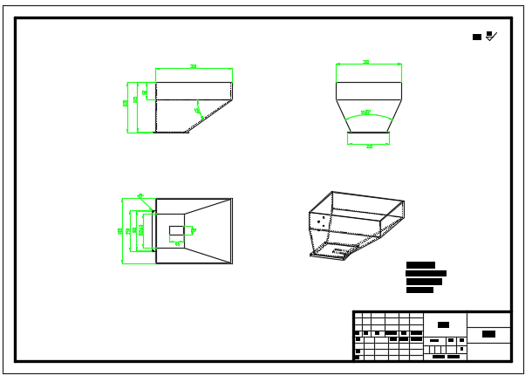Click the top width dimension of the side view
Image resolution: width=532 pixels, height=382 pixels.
(x=194, y=67)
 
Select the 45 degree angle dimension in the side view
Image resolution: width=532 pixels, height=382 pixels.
(x=199, y=110)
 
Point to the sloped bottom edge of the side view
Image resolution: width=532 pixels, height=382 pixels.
(x=209, y=117)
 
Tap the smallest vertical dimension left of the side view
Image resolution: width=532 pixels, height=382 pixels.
(x=145, y=92)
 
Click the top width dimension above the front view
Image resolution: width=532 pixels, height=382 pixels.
(x=368, y=63)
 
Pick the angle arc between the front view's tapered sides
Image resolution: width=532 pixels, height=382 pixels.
(x=368, y=113)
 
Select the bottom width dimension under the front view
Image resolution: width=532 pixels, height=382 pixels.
(x=369, y=145)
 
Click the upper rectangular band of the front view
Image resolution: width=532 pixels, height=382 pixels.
(x=368, y=92)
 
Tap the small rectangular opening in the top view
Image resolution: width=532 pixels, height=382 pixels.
(x=180, y=230)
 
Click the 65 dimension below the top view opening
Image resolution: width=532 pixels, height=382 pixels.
(x=179, y=243)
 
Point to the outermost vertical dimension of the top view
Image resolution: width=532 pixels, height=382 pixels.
(x=121, y=230)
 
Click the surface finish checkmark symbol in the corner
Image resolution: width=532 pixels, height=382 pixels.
(x=491, y=36)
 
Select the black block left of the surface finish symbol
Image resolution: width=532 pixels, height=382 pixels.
(x=476, y=37)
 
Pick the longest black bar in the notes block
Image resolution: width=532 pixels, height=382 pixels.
(x=426, y=273)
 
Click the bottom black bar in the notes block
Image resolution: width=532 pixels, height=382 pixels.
(x=419, y=290)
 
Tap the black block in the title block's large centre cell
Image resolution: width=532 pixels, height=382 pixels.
(x=444, y=324)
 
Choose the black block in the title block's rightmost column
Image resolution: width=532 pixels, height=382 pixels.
(x=488, y=334)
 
